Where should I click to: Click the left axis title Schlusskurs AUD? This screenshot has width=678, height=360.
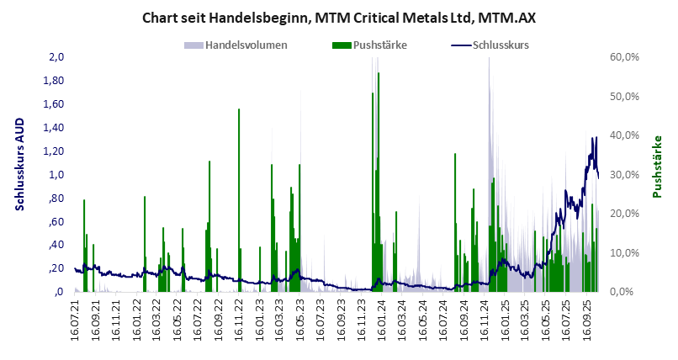pyautogui.click(x=20, y=174)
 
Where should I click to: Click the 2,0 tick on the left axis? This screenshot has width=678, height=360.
pyautogui.click(x=56, y=57)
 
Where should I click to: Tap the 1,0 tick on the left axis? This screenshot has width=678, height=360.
pyautogui.click(x=56, y=175)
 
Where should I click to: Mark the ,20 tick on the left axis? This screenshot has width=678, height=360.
pyautogui.click(x=56, y=268)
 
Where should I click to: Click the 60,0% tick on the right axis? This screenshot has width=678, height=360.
pyautogui.click(x=626, y=57)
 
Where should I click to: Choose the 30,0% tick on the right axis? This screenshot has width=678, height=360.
pyautogui.click(x=626, y=175)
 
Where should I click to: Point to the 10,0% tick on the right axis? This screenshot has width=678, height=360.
pyautogui.click(x=626, y=252)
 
